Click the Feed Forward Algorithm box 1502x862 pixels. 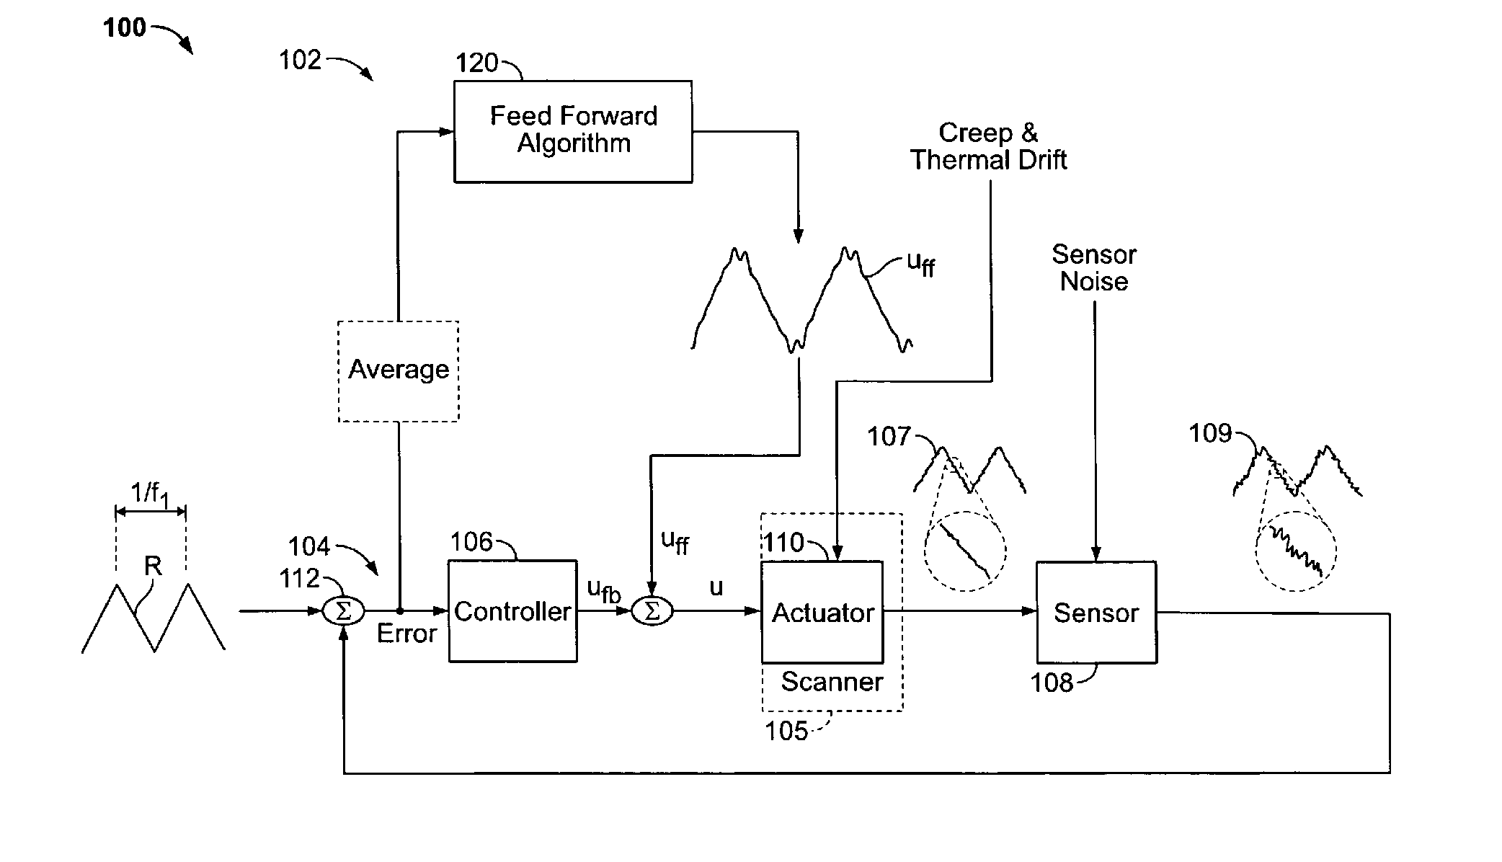[x=573, y=131]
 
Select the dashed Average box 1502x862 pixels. [x=399, y=370]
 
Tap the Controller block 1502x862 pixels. [x=512, y=611]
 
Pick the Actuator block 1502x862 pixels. [x=822, y=612]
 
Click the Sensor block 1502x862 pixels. [x=1096, y=612]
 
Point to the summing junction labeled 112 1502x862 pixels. [x=343, y=611]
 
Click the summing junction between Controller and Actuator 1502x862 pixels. [x=652, y=611]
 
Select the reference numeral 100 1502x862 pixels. [x=124, y=28]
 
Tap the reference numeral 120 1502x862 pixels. [x=476, y=63]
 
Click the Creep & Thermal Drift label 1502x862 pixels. [x=988, y=146]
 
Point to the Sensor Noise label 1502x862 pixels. [x=1093, y=267]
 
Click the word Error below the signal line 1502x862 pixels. [x=406, y=634]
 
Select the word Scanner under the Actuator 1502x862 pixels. [x=832, y=682]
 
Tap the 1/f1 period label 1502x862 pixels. [x=150, y=494]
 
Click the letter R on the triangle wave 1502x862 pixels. [x=153, y=566]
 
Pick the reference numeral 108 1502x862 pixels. [x=1052, y=683]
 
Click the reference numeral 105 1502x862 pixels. [x=786, y=732]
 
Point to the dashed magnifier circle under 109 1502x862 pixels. [x=1296, y=551]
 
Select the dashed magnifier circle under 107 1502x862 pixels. [x=964, y=551]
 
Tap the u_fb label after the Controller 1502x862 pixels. [x=603, y=591]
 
